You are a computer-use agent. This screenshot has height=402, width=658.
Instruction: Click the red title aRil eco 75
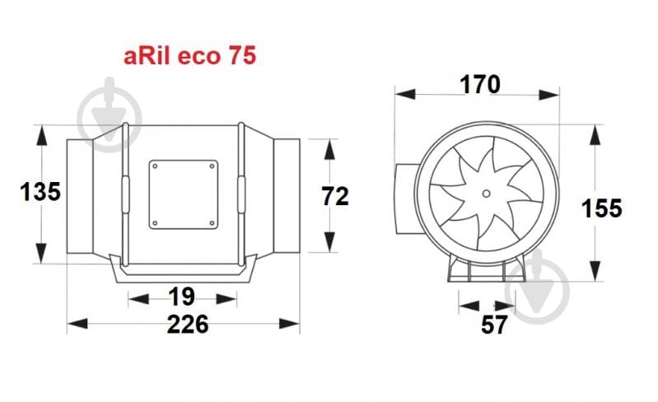coord(189,56)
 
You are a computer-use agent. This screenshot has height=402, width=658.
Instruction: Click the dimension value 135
coord(40,192)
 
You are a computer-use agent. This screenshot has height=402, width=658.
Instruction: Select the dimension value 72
coord(335,196)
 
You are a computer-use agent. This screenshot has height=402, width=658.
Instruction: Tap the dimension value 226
coord(188,325)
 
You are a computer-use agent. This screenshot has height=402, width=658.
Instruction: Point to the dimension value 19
coord(182,297)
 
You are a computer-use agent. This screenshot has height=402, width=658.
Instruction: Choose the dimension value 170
coord(480,84)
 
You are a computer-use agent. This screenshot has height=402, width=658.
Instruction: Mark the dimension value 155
coord(601,208)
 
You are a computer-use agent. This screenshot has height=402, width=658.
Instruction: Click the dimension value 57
coord(494,325)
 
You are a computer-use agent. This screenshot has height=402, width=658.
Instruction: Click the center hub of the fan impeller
coord(486,194)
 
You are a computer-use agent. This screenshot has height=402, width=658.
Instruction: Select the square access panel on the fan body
coord(184,194)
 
